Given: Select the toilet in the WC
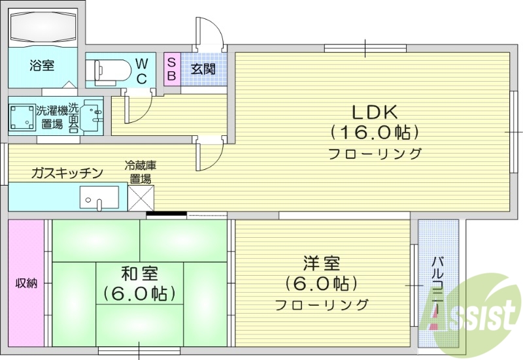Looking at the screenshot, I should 109,69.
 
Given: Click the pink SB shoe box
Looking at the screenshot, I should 171,69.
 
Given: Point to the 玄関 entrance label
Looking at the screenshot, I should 203,69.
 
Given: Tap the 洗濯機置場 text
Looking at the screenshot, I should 52,117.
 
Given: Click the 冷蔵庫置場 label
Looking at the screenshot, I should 141,171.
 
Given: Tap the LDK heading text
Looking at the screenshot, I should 375,111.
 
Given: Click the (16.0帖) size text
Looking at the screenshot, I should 375,133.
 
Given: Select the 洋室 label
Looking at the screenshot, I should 321,264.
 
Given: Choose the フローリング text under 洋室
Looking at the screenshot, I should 321,304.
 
